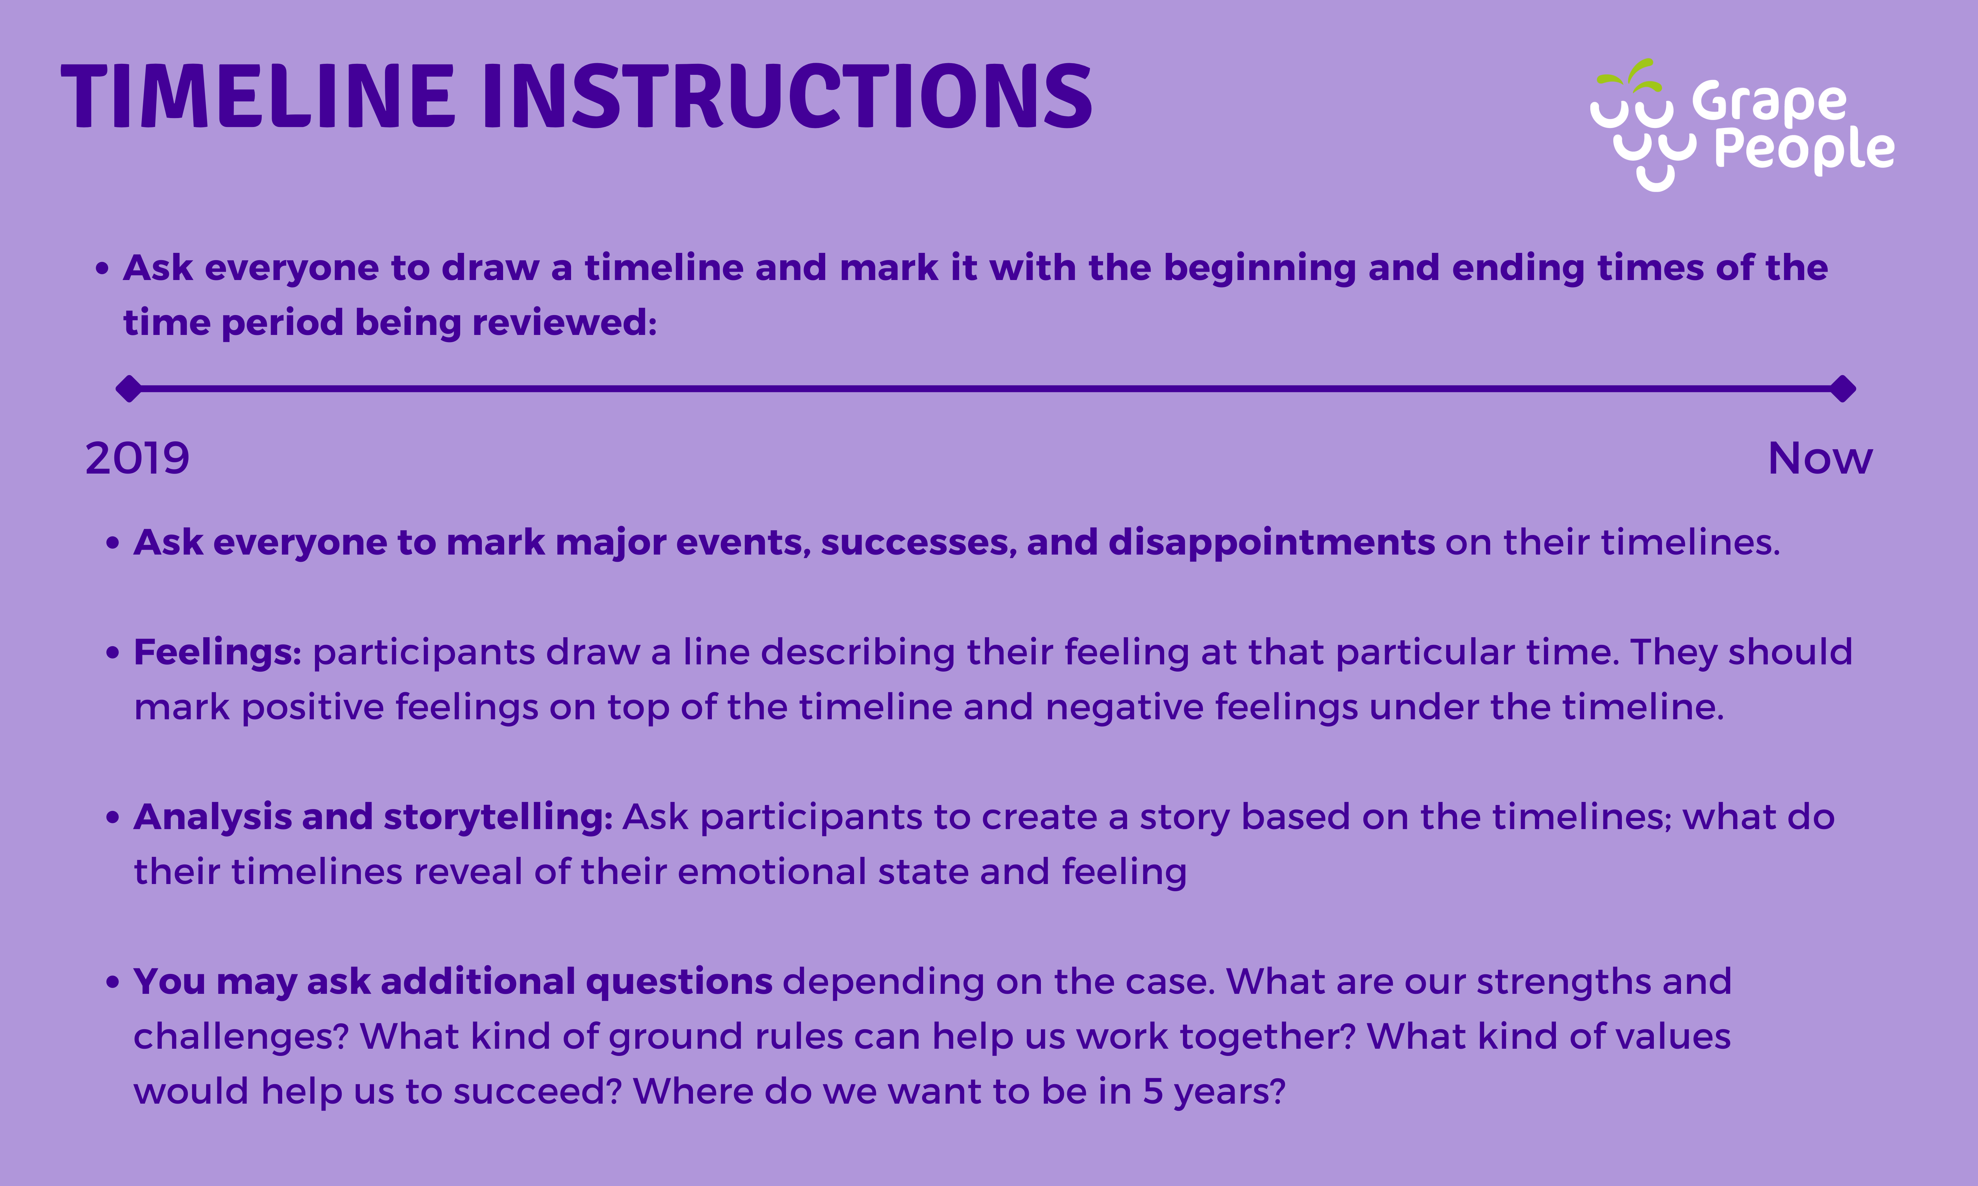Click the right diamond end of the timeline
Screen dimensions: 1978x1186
coord(1843,389)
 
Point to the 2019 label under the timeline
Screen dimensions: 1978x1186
coord(137,459)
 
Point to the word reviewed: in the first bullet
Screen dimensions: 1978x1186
coord(564,323)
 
